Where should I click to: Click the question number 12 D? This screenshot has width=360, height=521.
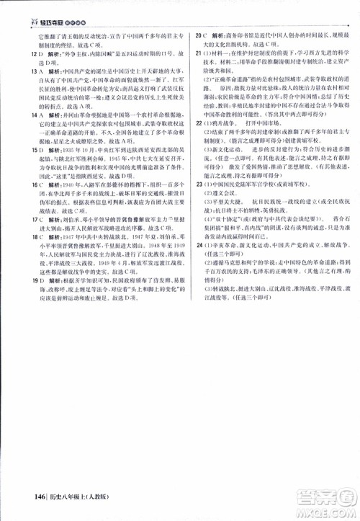click(26, 53)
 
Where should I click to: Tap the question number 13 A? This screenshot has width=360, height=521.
click(26, 73)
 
